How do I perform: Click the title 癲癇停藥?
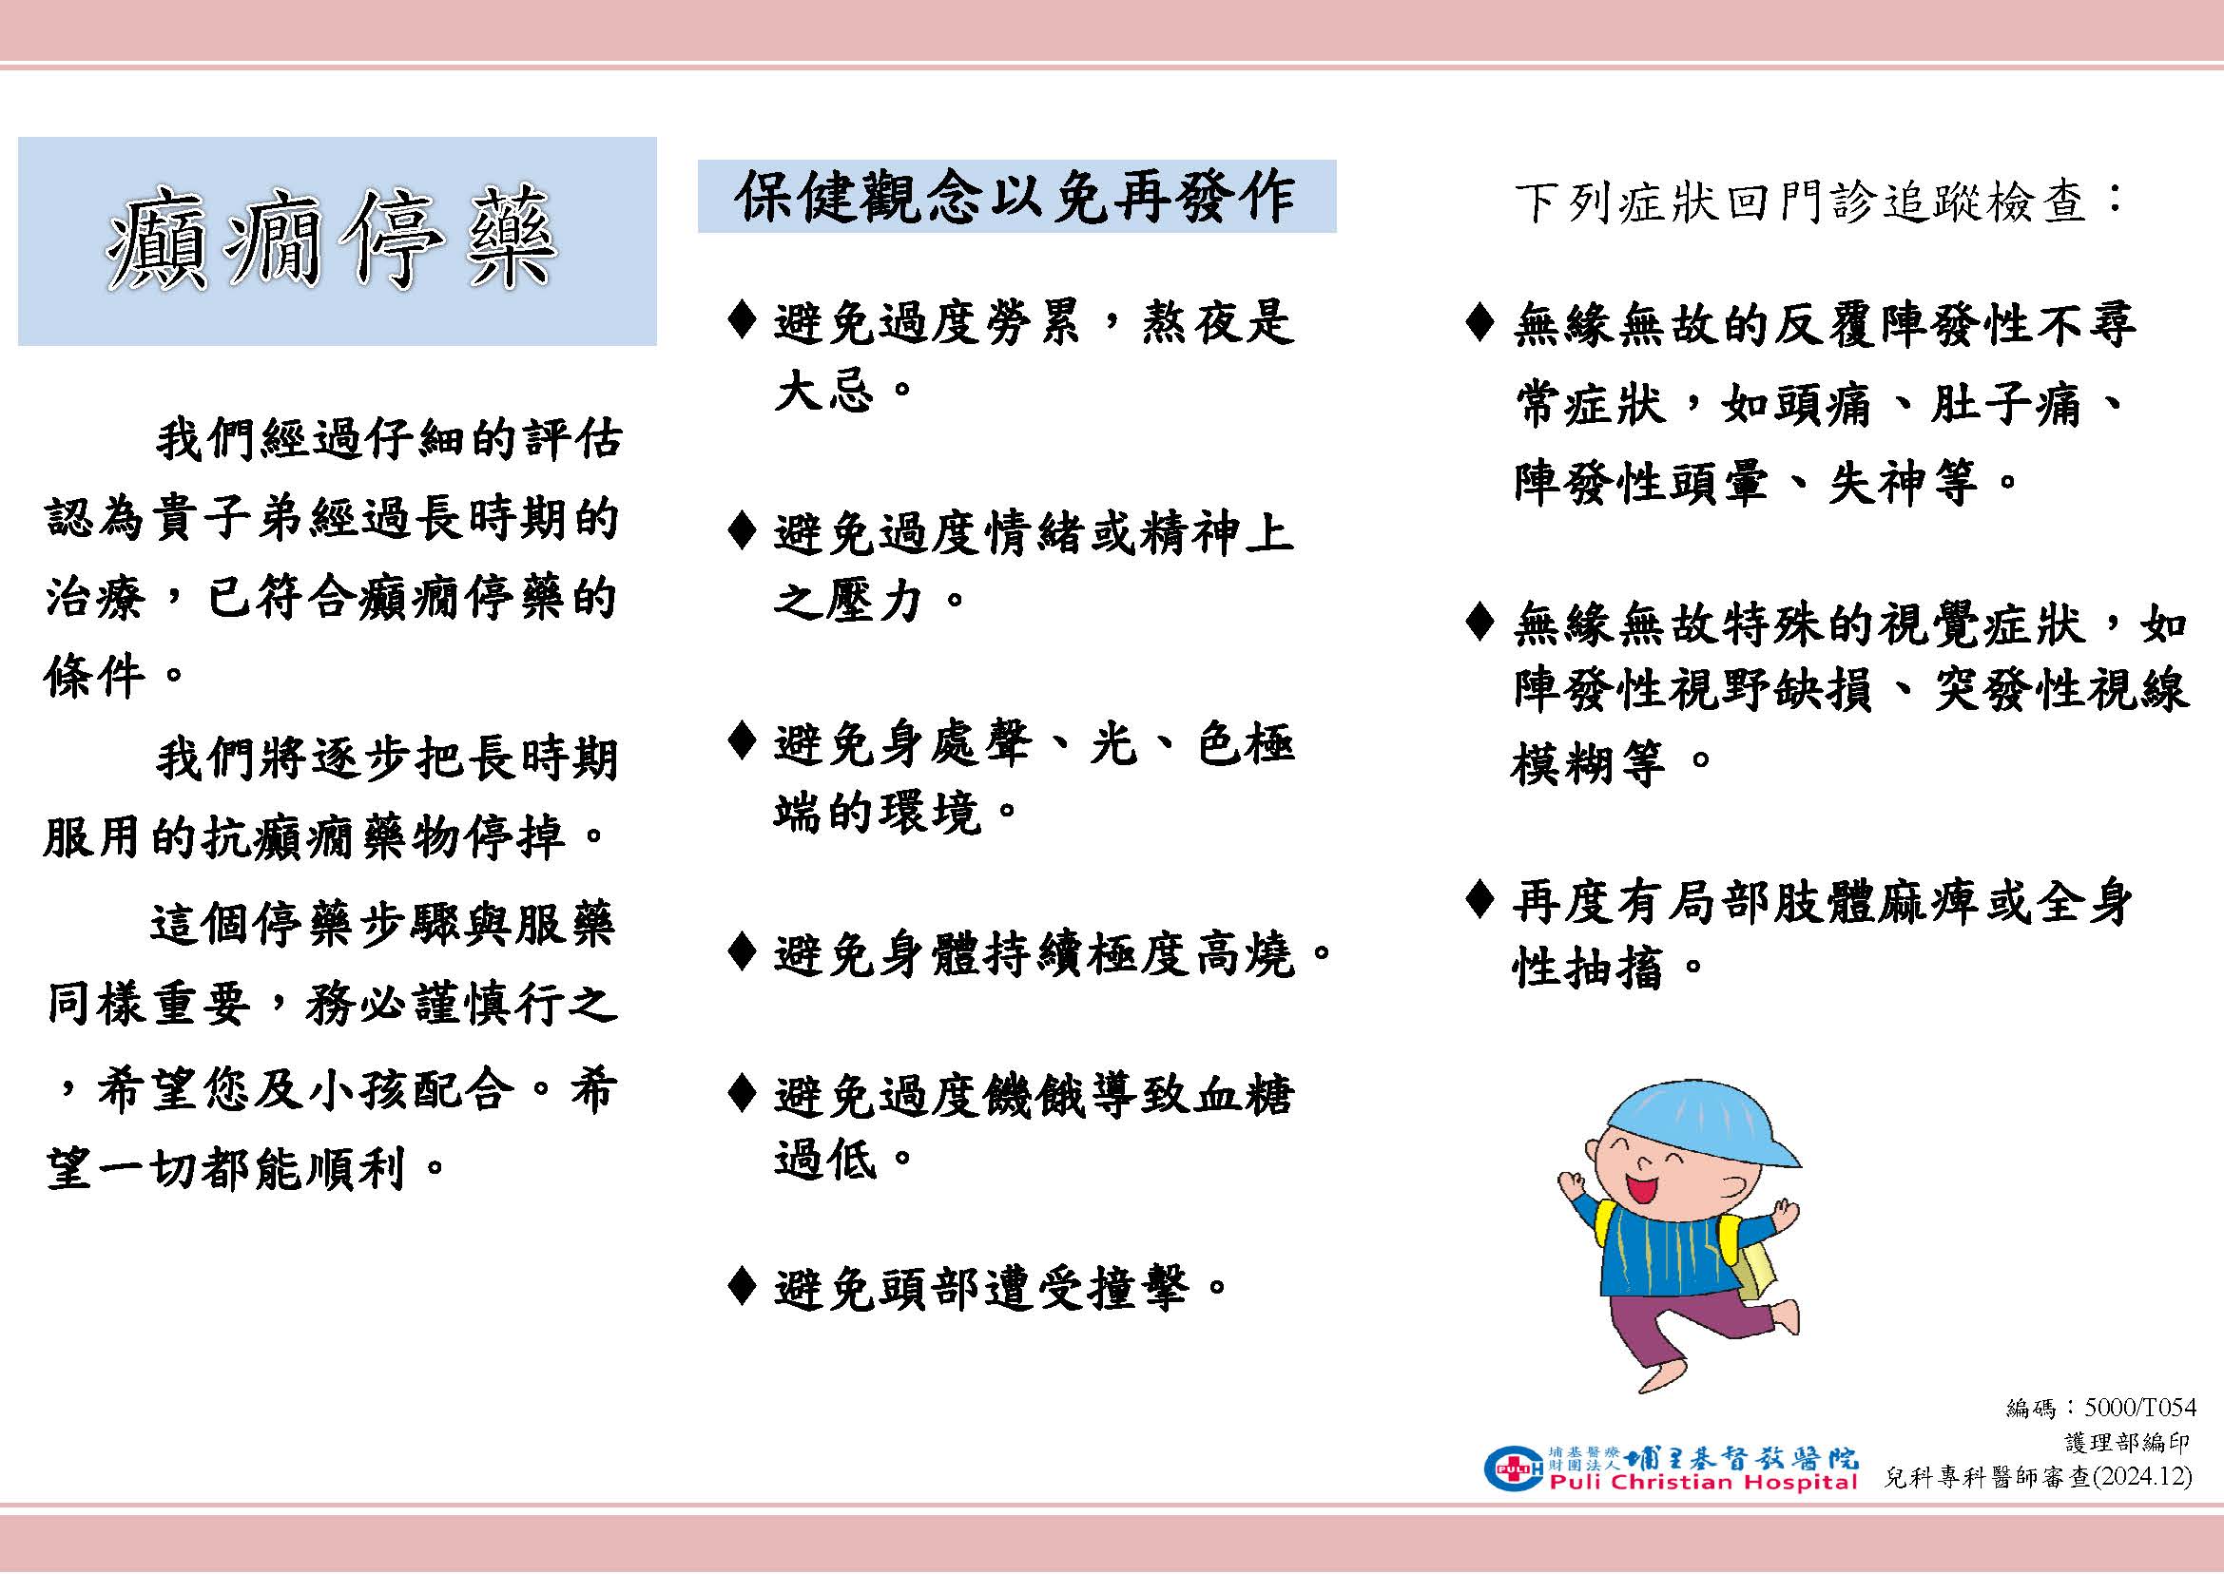coord(332,240)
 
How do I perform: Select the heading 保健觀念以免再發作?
coord(1015,197)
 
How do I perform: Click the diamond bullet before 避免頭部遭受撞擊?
coord(742,1285)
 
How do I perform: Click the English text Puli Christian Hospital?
coord(1703,1482)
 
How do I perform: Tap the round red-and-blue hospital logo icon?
coord(1513,1468)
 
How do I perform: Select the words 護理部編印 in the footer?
coord(2127,1443)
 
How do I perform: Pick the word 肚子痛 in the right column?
coord(2004,403)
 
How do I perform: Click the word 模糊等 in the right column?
coord(1588,764)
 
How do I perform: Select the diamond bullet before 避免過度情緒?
coord(742,530)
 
